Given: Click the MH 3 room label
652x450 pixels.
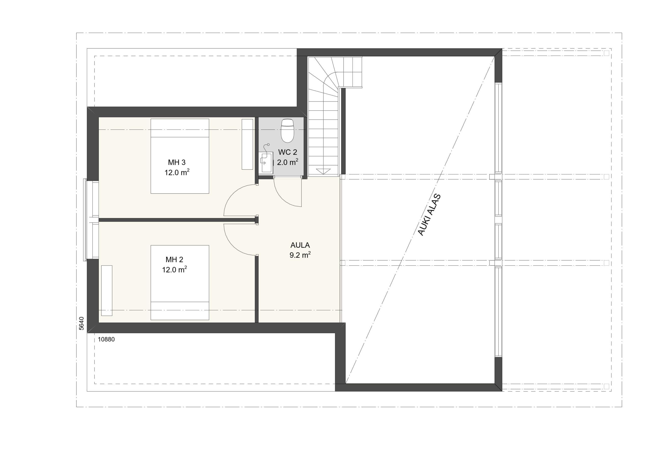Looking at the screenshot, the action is click(176, 162).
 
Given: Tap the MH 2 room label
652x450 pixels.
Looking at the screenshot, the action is click(174, 259).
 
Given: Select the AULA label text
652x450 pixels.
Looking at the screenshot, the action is click(300, 245).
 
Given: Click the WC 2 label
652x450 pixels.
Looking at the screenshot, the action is click(288, 152).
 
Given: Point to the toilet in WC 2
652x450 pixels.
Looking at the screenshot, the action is click(287, 131).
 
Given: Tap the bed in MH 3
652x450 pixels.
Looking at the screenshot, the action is click(180, 156).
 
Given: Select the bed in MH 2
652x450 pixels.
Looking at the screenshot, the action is click(180, 282).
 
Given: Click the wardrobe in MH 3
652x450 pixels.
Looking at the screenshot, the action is click(247, 144).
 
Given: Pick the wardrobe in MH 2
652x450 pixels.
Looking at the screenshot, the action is click(107, 290).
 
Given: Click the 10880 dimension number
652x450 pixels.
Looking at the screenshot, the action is click(106, 339).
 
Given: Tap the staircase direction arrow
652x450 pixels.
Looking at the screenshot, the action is click(323, 171).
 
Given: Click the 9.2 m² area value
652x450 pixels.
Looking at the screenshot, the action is click(300, 255).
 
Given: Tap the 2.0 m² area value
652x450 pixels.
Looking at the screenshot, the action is click(288, 162).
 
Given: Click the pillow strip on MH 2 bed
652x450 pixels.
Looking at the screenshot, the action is click(180, 306).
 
